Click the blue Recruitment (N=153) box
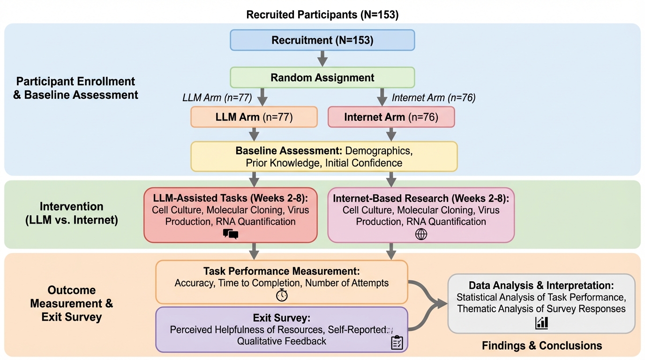click(x=322, y=40)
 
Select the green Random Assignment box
click(x=322, y=77)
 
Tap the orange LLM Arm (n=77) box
click(x=254, y=117)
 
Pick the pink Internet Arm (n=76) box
click(x=391, y=117)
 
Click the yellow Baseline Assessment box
click(x=323, y=157)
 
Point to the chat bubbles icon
click(x=231, y=234)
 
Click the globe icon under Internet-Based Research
click(x=421, y=234)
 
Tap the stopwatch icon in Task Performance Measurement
click(x=282, y=295)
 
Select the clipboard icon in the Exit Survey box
click(x=397, y=342)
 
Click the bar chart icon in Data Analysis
click(x=541, y=322)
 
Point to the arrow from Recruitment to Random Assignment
click(x=322, y=59)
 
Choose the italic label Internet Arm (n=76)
click(x=434, y=98)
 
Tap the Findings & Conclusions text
click(x=542, y=345)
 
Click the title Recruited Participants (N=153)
click(x=322, y=15)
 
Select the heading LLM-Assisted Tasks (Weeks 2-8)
click(x=230, y=197)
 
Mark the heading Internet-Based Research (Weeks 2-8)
click(x=420, y=198)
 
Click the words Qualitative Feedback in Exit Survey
click(x=281, y=341)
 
